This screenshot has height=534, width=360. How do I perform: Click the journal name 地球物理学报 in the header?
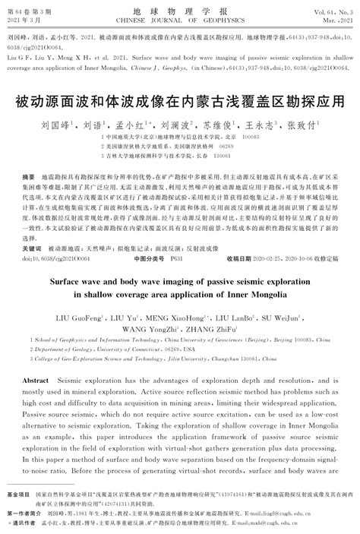coord(179,13)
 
